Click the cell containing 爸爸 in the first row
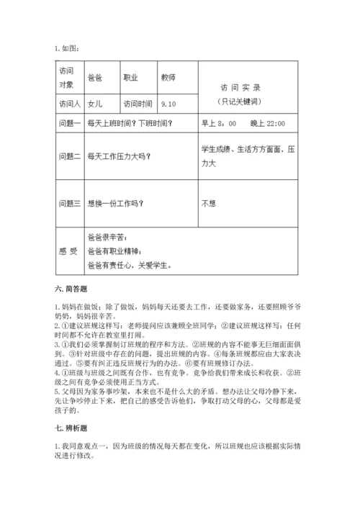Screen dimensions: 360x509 pos(94,77)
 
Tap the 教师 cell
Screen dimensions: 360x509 pos(169,77)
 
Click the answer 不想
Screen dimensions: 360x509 pos(209,202)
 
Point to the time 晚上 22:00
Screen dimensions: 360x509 pos(267,124)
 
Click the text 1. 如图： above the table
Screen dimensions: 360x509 pos(67,49)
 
